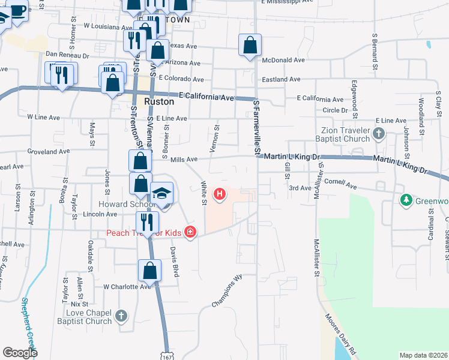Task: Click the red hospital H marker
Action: tap(220, 194)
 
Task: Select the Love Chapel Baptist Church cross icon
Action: tap(121, 315)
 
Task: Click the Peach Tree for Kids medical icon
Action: tap(190, 231)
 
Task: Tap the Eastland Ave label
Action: tap(280, 79)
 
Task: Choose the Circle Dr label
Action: tap(336, 110)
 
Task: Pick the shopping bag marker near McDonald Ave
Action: tap(250, 46)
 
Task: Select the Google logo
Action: tap(20, 352)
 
